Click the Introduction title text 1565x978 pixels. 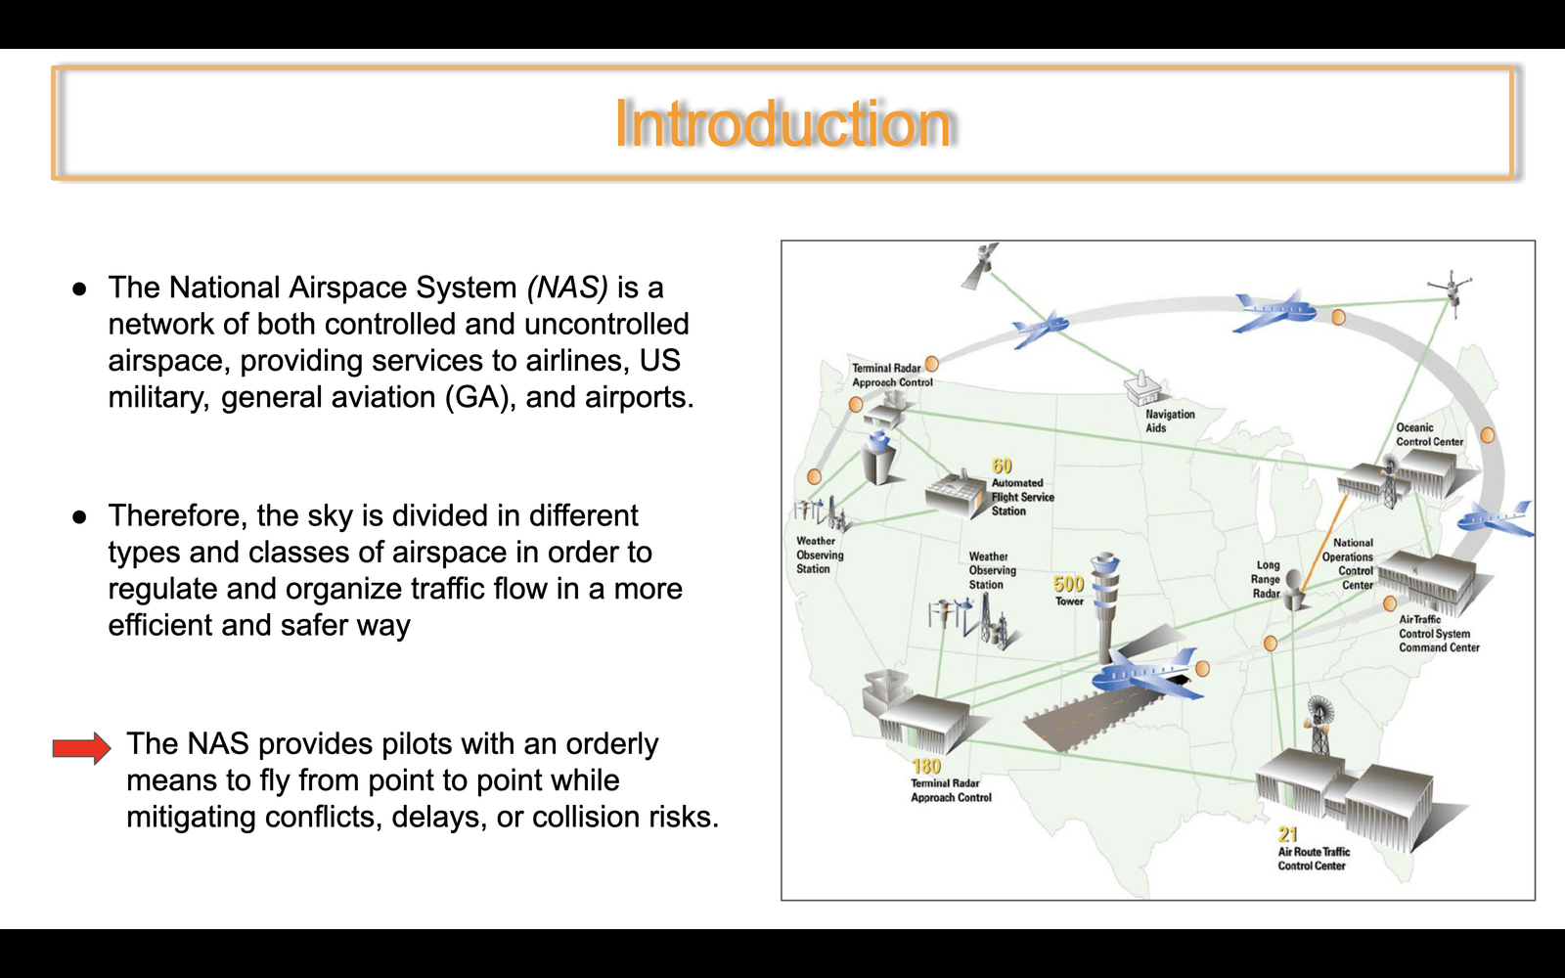782,123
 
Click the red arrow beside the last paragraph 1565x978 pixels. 82,748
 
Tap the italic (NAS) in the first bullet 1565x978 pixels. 567,288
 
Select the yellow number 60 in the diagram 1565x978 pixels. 1002,466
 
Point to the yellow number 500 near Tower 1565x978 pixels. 1069,583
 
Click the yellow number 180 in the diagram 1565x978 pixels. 926,767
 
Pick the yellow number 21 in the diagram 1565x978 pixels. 1287,834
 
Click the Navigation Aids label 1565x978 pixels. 1170,421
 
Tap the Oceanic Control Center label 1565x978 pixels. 1429,434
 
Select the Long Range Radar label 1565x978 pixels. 1266,579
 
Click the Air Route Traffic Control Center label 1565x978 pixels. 1314,859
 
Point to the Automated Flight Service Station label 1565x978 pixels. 1023,497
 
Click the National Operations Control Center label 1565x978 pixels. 1348,563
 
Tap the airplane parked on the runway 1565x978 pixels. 1144,674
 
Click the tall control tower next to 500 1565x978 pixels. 1105,606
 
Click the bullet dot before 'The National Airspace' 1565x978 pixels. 79,289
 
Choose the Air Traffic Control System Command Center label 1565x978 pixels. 1439,634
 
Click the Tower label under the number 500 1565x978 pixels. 1069,600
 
